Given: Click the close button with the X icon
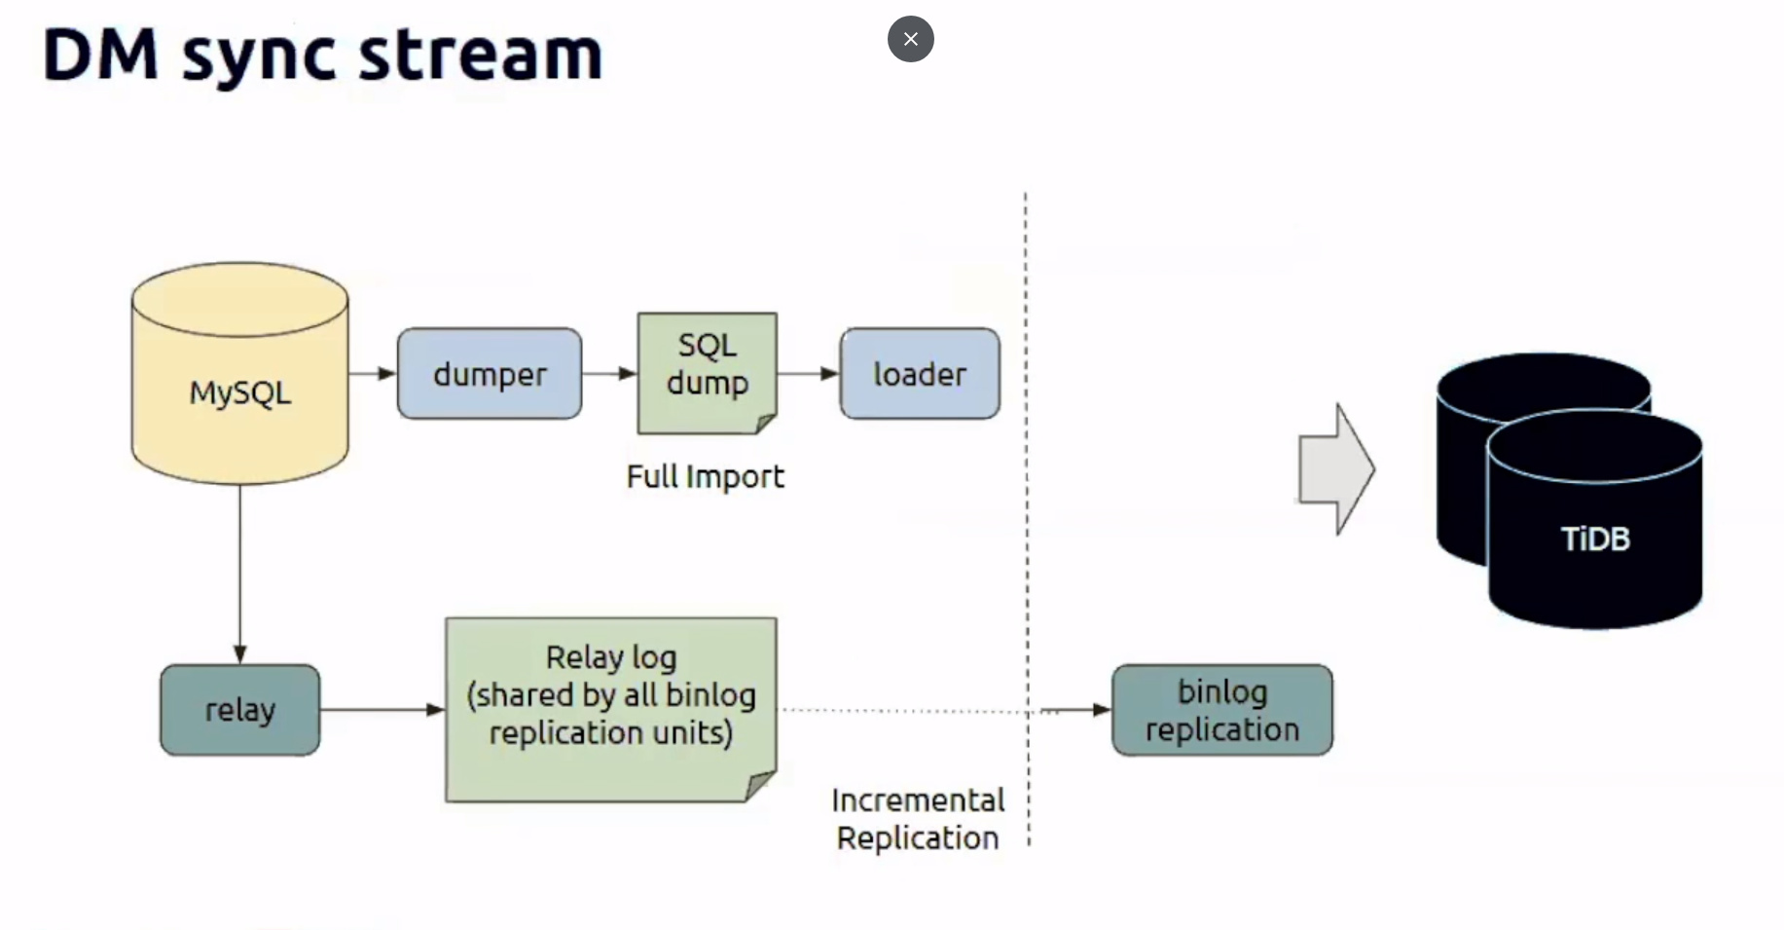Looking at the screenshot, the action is (910, 39).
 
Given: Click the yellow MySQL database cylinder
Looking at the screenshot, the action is (239, 373).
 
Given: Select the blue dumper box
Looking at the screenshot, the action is (490, 374).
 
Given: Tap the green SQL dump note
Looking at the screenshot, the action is (707, 373).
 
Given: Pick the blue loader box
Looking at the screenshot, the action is (920, 374).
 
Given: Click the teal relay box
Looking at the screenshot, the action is (239, 710).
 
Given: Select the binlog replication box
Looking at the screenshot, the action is (1222, 710).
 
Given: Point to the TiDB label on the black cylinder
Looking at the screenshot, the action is (1595, 539).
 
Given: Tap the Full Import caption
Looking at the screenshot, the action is (706, 476).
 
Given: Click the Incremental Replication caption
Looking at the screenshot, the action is (918, 819).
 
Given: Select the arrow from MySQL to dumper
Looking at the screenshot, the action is (373, 373).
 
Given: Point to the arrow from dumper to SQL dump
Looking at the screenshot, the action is (609, 373).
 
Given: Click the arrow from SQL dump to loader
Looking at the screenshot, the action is (809, 373).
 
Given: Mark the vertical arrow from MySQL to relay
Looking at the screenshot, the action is (239, 575).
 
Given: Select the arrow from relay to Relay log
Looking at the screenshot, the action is (382, 710).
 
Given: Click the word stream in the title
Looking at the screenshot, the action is (481, 55).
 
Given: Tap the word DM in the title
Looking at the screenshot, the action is (100, 55).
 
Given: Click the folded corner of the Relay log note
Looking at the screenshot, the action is (761, 786).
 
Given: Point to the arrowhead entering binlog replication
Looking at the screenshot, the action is (1102, 710).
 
